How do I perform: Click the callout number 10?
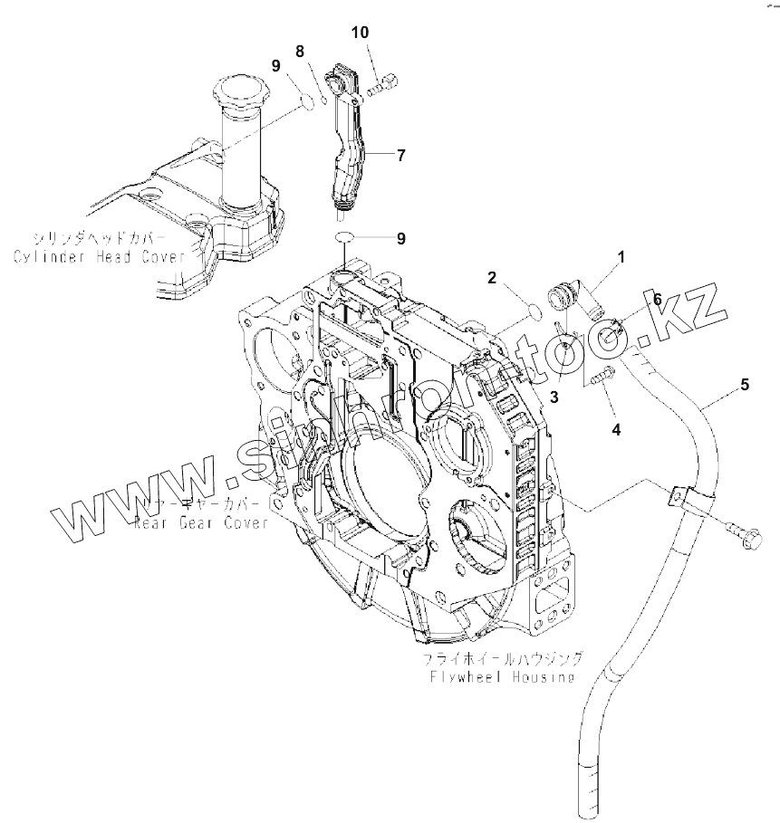(x=361, y=33)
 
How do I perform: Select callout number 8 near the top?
(x=300, y=51)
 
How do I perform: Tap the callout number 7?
(x=400, y=155)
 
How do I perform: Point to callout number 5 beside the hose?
(x=745, y=385)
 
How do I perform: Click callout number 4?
(x=616, y=430)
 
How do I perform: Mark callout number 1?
(x=621, y=259)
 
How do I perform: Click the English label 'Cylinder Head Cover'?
(x=99, y=257)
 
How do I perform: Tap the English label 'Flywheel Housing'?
(x=503, y=676)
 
